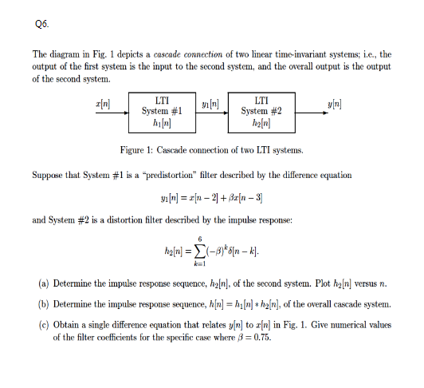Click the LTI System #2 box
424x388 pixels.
pos(261,113)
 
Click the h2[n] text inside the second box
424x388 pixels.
pos(261,124)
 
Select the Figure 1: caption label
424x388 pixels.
pos(142,150)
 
